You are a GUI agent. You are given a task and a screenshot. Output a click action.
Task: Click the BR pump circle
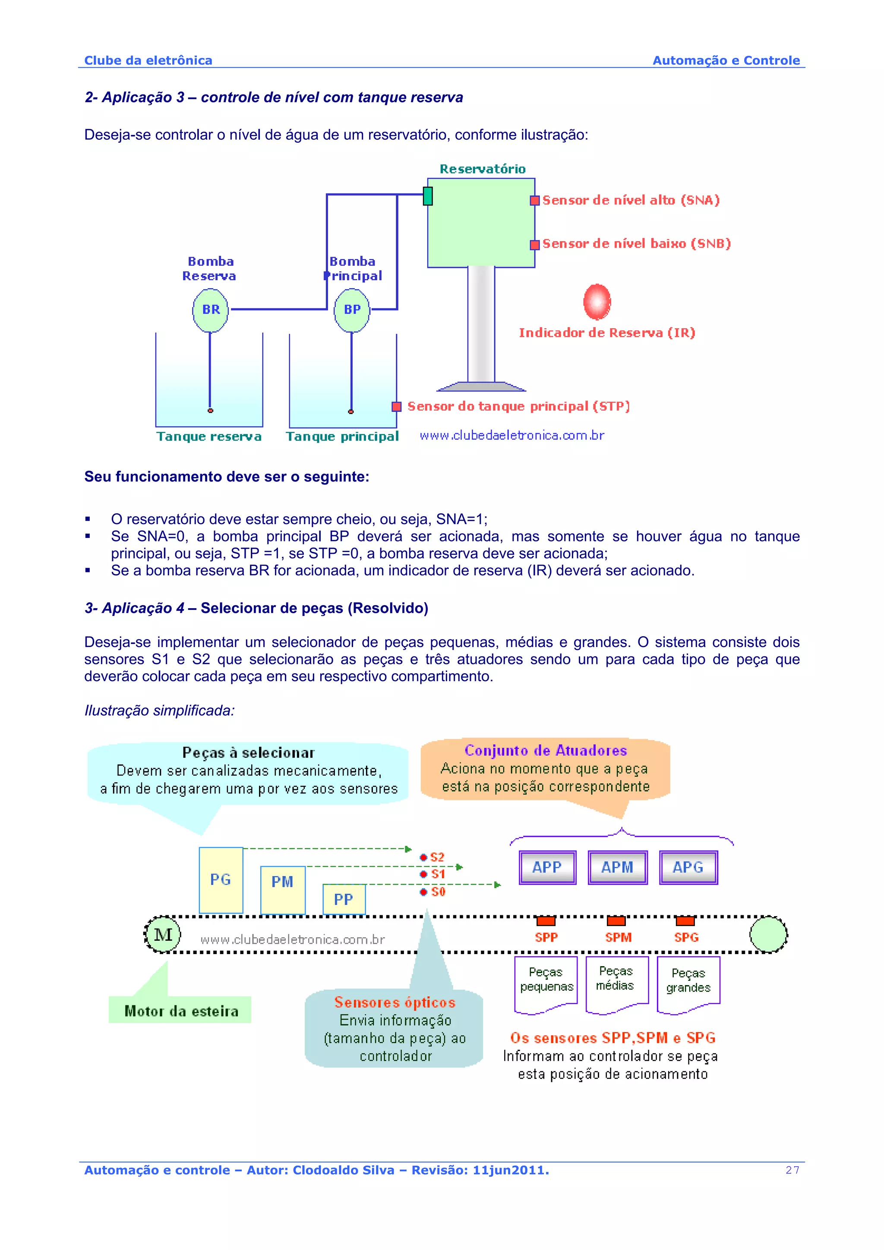[210, 310]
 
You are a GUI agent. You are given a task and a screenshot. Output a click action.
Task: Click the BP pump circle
[352, 310]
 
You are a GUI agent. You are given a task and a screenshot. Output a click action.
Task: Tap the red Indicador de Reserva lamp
[597, 301]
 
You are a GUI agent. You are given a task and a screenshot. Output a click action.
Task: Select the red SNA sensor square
[535, 200]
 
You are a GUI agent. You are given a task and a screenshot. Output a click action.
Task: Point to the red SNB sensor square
[535, 245]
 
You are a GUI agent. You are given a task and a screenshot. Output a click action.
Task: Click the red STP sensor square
[397, 407]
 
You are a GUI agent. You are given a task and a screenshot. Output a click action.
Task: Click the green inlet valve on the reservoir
[428, 196]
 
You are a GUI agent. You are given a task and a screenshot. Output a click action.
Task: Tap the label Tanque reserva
[209, 437]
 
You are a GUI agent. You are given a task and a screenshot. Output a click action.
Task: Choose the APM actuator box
[618, 867]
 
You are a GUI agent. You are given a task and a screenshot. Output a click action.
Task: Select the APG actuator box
[688, 867]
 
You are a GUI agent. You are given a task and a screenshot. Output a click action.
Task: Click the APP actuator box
[547, 867]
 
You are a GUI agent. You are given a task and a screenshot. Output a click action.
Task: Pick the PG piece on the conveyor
[221, 880]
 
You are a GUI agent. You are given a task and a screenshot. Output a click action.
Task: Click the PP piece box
[344, 899]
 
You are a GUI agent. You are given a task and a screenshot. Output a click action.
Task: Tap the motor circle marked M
[162, 935]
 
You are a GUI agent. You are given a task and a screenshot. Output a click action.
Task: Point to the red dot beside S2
[423, 857]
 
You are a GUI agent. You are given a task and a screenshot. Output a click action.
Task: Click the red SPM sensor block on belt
[616, 920]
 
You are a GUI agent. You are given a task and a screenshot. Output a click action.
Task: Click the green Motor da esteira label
[180, 1011]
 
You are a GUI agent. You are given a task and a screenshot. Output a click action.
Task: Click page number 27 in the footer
[792, 1170]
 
